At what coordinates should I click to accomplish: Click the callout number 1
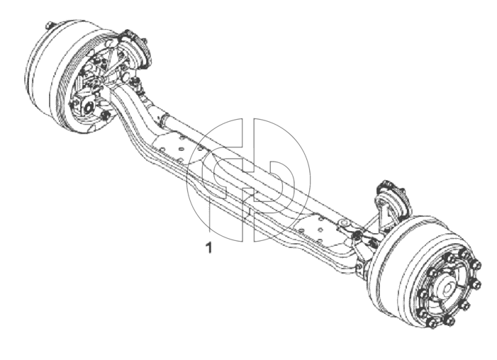(x=208, y=247)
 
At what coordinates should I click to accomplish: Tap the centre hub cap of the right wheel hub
(x=448, y=289)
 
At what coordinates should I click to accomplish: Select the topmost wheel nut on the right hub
(x=464, y=254)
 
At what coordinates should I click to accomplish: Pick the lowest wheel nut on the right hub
(x=432, y=324)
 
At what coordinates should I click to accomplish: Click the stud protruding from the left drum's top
(x=49, y=25)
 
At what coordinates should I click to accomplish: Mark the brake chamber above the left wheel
(x=135, y=47)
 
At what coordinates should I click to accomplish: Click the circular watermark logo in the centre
(x=248, y=180)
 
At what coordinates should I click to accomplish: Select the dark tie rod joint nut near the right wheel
(x=357, y=235)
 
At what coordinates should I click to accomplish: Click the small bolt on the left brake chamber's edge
(x=146, y=41)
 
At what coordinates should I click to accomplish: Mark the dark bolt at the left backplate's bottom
(x=105, y=116)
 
